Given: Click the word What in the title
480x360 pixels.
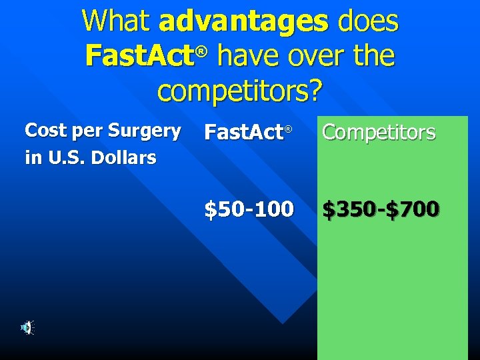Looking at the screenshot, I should [117, 21].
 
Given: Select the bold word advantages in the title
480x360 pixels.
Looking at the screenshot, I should [244, 23].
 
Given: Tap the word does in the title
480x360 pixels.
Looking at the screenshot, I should [368, 21].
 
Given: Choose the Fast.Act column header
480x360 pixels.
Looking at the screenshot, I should [243, 133].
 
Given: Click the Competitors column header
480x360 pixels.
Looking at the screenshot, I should [379, 133].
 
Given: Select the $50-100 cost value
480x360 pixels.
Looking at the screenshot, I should [249, 210].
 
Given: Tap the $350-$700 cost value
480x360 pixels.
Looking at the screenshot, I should [381, 210].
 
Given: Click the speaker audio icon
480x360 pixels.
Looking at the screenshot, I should [27, 327].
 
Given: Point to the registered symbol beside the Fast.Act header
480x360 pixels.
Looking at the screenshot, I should [289, 128].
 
